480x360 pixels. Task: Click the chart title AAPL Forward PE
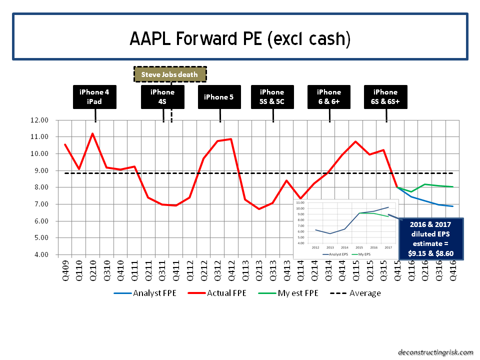240,38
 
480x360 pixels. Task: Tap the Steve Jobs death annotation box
170,74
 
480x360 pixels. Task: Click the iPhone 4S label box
162,97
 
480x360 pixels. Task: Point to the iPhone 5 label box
219,97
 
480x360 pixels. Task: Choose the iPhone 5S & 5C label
272,97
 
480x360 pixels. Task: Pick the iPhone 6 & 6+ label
329,97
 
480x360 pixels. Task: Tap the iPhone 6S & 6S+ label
385,97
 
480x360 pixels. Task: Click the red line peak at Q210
92,133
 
